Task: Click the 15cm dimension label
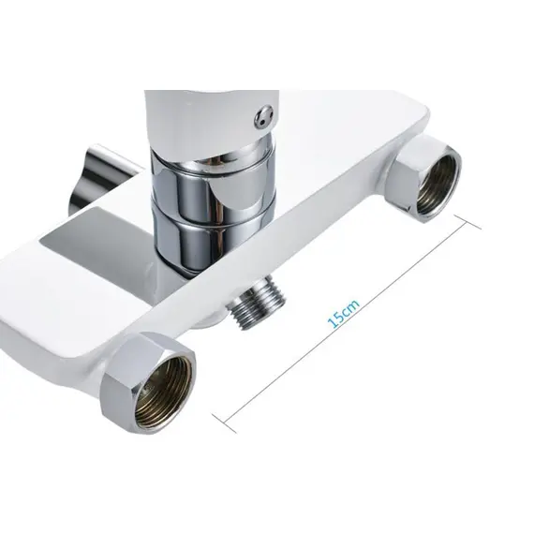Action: tap(343, 313)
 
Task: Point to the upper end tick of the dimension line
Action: tap(468, 222)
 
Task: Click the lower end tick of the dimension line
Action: tap(224, 423)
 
